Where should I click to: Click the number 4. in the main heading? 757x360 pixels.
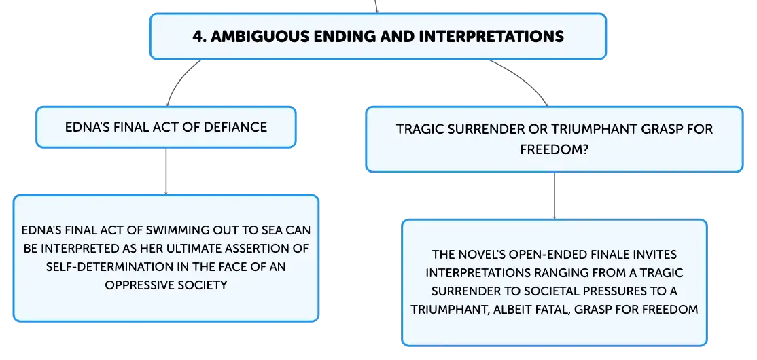pos(199,37)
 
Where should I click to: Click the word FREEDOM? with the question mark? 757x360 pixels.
pos(554,150)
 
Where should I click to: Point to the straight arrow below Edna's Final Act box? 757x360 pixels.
pos(166,171)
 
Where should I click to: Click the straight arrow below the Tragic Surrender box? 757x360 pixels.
pos(554,196)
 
